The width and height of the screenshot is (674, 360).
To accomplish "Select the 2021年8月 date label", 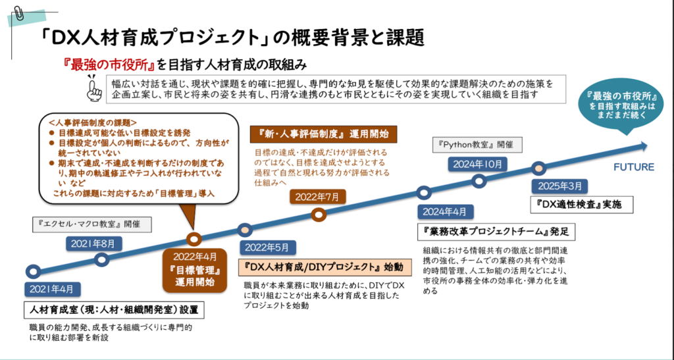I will point(93,244).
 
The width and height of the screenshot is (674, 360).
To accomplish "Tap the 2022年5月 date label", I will point(267,247).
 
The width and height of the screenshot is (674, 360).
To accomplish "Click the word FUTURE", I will point(634,167).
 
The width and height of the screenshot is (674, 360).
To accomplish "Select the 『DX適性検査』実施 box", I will point(575,205).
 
